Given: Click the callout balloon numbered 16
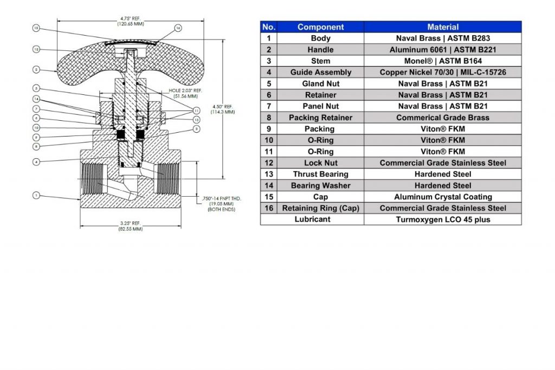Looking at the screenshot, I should (178, 28).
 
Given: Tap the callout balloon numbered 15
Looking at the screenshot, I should (36, 28).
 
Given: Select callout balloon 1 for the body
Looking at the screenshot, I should (36, 195).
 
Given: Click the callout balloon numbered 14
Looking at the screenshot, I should (36, 99).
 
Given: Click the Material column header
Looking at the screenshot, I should (442, 27).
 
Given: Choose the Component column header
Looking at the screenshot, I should (320, 27).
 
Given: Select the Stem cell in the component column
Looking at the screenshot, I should (320, 61).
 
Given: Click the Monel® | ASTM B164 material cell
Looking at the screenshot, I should (442, 61).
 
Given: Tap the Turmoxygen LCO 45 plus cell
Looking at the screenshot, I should (442, 219).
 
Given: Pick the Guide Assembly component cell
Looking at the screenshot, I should (320, 73).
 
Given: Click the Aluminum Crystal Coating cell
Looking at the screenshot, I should (442, 197).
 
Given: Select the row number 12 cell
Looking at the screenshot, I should (268, 163).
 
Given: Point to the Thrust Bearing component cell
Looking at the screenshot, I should (320, 174).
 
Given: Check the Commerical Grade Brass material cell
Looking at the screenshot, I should (442, 118).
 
